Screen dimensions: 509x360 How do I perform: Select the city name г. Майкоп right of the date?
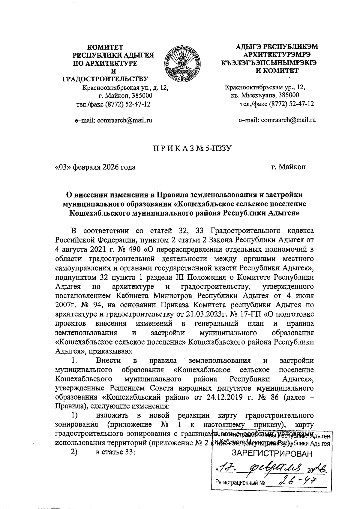point(288,167)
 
